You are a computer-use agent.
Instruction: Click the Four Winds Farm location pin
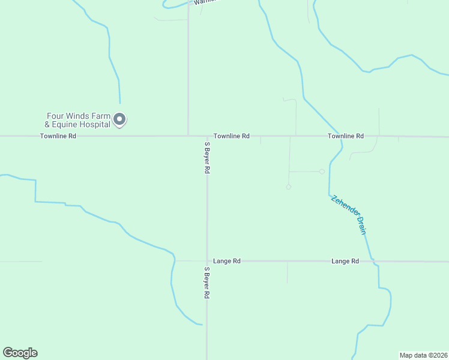tap(119, 119)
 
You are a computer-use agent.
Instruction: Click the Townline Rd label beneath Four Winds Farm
tap(58, 136)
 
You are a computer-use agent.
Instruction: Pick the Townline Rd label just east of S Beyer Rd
tap(231, 136)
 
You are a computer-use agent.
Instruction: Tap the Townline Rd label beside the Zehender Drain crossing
tap(346, 136)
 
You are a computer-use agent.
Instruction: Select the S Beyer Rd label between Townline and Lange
tap(207, 158)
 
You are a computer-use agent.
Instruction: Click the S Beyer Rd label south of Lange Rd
tap(206, 283)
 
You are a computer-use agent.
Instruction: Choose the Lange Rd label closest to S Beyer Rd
tap(227, 261)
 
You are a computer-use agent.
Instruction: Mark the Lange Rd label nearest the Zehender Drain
tap(345, 261)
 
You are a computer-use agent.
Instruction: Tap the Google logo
tap(20, 353)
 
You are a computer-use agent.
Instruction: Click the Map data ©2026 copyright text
tap(423, 355)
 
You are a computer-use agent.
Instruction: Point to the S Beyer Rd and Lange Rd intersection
tap(207, 261)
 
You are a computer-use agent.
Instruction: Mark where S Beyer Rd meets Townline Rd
tap(207, 136)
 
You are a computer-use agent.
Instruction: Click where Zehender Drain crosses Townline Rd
tap(339, 136)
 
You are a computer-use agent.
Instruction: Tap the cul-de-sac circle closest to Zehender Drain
tap(322, 172)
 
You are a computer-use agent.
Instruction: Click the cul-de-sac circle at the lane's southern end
tap(289, 187)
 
